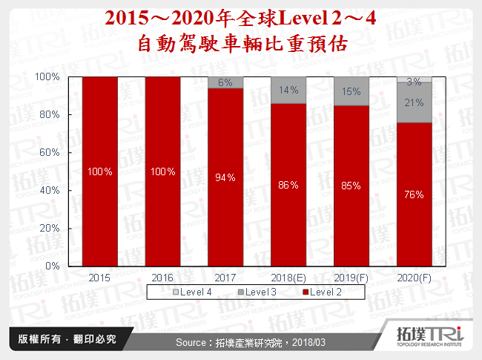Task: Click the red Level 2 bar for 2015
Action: point(99,171)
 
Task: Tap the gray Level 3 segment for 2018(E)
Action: point(288,90)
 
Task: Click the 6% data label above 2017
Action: point(225,82)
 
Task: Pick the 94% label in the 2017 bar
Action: point(225,177)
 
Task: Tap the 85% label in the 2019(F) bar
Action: point(351,186)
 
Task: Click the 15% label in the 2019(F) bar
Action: point(351,91)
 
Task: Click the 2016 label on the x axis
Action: point(162,278)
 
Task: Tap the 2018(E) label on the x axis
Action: point(288,278)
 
